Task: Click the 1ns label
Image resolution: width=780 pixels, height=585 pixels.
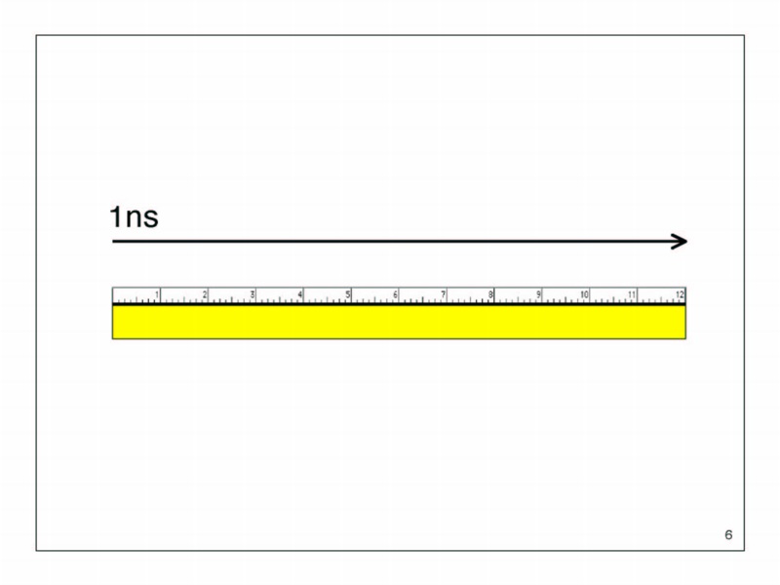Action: click(x=134, y=216)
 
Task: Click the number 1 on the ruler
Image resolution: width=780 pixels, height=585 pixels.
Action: click(x=157, y=294)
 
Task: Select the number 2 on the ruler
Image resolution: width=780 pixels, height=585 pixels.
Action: click(x=205, y=294)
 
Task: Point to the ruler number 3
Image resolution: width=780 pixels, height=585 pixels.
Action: click(x=253, y=294)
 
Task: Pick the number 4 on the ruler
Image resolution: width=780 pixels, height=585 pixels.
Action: click(x=300, y=294)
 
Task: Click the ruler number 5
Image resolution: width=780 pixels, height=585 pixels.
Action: click(x=348, y=294)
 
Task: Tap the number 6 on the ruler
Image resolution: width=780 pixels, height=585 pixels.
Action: click(x=396, y=294)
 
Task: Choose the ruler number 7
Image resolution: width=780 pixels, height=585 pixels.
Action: click(x=444, y=294)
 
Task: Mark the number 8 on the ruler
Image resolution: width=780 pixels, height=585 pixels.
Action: click(x=490, y=294)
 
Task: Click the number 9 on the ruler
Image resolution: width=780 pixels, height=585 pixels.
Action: click(x=538, y=294)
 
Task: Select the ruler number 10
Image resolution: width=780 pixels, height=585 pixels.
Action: click(x=584, y=294)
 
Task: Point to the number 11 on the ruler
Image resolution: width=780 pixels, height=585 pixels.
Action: click(x=632, y=294)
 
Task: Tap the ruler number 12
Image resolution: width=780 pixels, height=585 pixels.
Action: click(x=680, y=294)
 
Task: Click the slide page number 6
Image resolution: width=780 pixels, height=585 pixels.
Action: click(x=728, y=534)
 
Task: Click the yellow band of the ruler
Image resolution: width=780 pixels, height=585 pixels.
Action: click(x=399, y=323)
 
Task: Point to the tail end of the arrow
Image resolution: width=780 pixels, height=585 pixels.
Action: click(x=113, y=241)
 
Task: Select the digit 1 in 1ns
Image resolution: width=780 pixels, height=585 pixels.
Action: click(x=116, y=216)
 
